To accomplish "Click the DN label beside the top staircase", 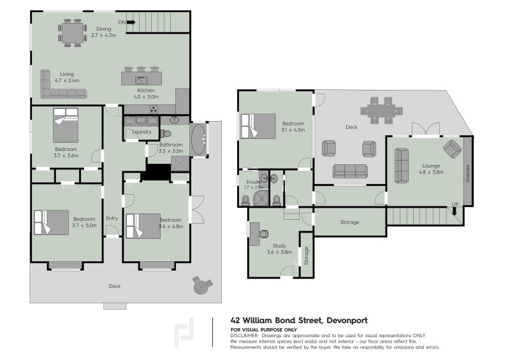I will pos(121,22).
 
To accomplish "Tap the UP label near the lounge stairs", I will pos(455,204).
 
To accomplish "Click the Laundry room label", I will pos(142,132).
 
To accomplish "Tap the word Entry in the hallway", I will pos(112,219).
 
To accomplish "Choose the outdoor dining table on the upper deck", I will pos(381,112).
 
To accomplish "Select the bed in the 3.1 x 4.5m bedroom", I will pos(258,126).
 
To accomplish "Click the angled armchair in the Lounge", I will pos(452,148).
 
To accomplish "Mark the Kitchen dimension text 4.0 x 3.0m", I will pos(146,97).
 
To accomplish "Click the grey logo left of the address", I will pos(185,332).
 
